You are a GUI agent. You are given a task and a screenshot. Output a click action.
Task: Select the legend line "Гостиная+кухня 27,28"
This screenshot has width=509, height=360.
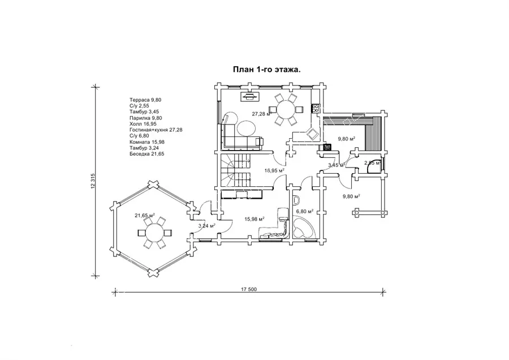pos(156,130)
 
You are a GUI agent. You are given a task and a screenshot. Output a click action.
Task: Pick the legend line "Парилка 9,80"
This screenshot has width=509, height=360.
pos(145,118)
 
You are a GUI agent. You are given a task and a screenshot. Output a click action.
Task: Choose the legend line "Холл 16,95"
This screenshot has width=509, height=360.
pos(142,124)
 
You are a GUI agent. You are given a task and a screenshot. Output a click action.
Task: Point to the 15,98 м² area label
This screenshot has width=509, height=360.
pos(255,218)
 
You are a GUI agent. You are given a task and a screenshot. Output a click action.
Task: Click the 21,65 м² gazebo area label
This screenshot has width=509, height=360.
pos(145,216)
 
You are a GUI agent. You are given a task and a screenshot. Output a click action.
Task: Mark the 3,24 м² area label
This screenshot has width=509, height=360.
pos(207,226)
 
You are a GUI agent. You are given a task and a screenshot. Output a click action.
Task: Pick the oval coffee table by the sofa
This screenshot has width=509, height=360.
pos(245,128)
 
